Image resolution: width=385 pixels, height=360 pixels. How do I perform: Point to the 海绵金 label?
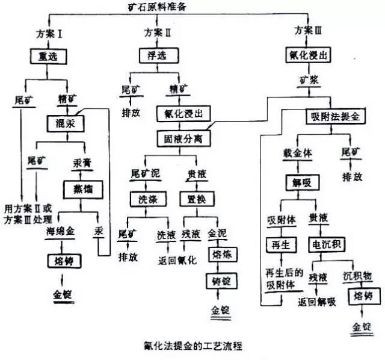coord(61,231)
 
